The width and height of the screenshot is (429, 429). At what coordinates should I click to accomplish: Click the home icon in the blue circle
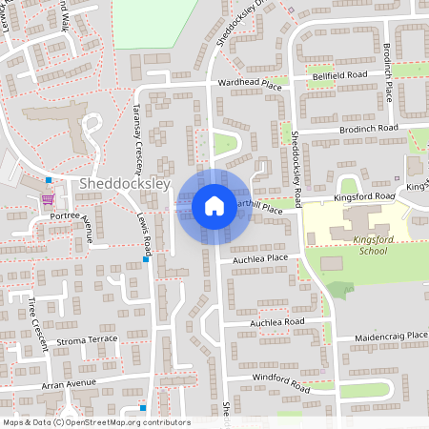214,205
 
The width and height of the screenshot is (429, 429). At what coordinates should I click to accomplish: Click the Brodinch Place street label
388,72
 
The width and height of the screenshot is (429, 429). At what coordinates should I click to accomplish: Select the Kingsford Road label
363,197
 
